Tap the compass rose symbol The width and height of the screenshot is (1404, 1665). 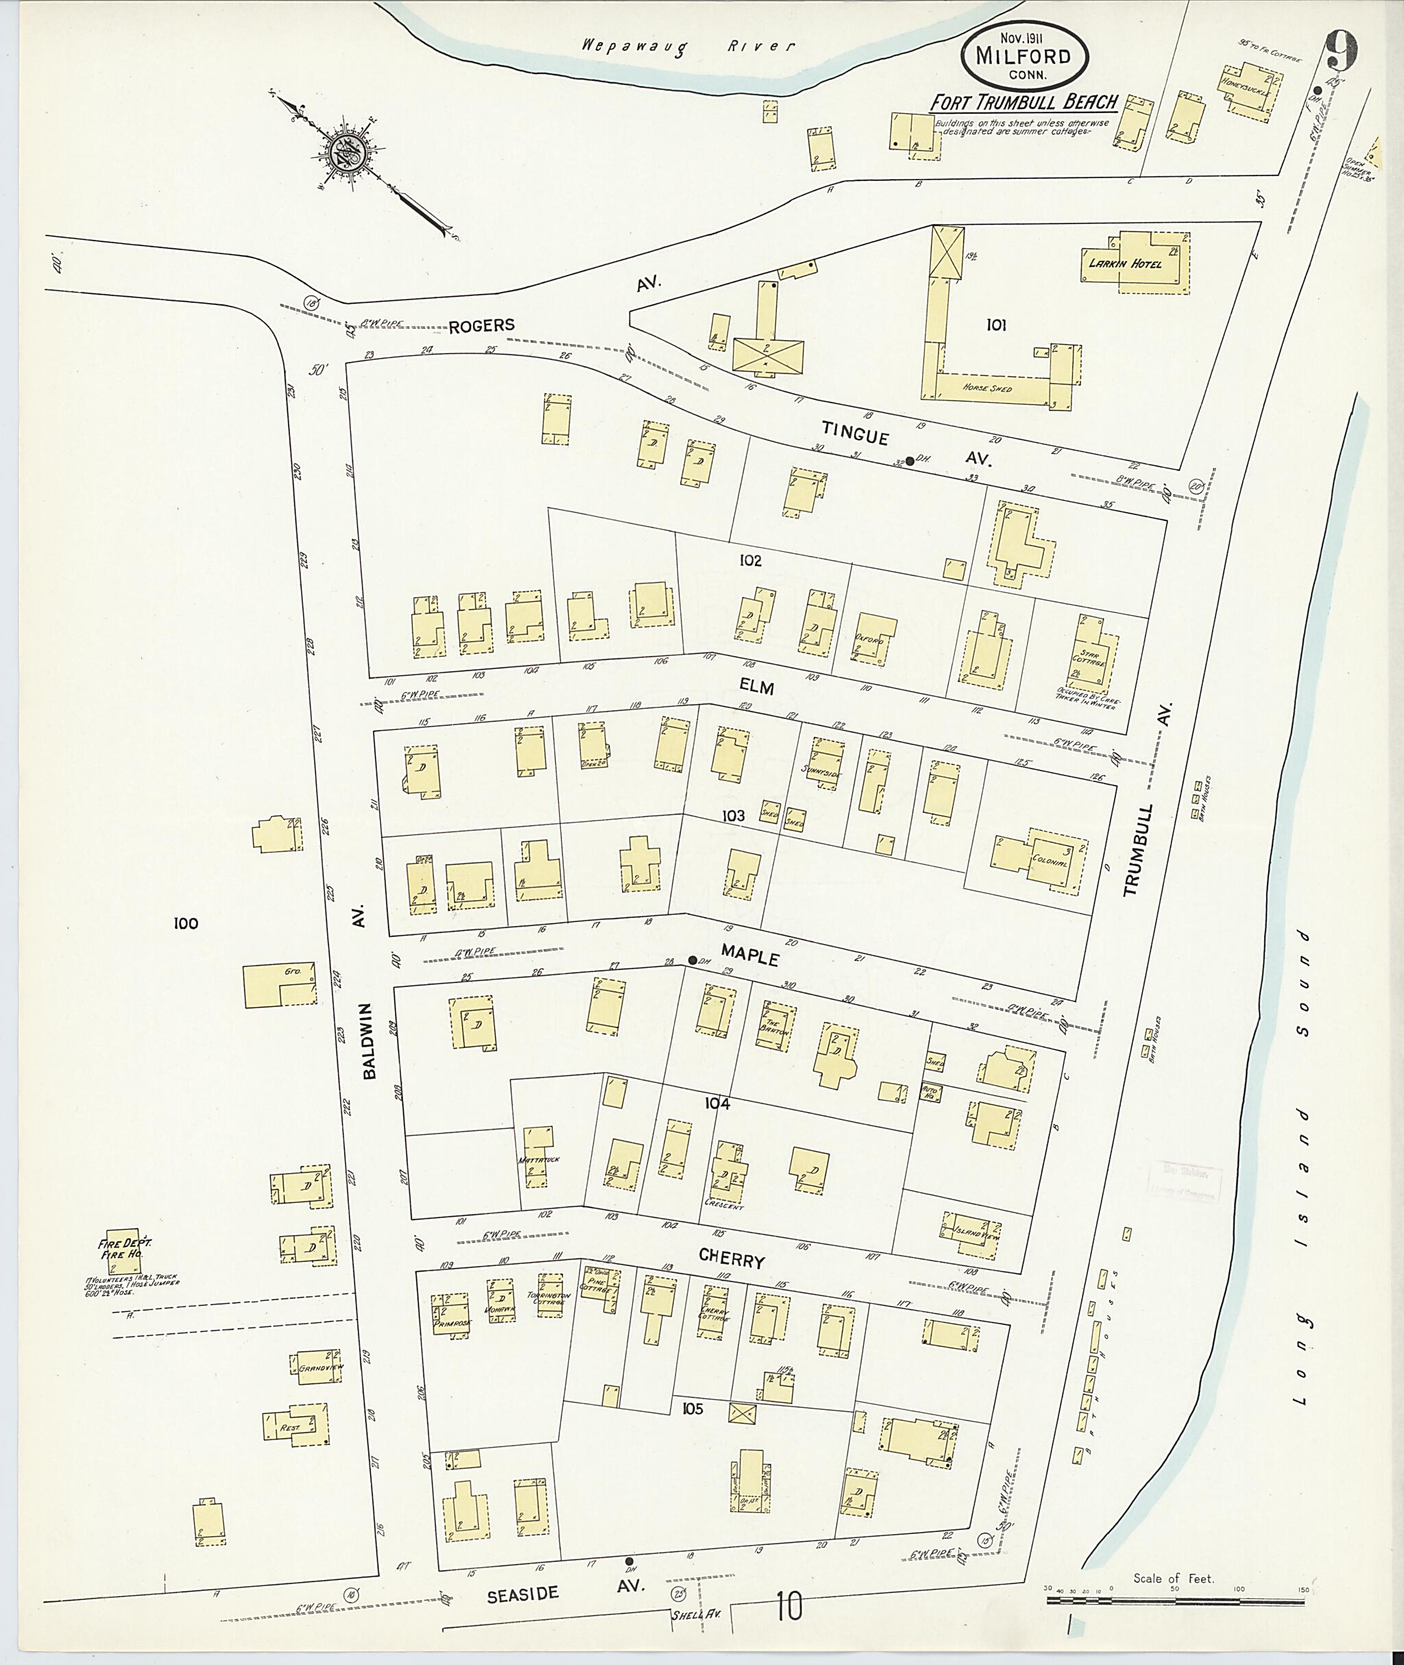point(348,152)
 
